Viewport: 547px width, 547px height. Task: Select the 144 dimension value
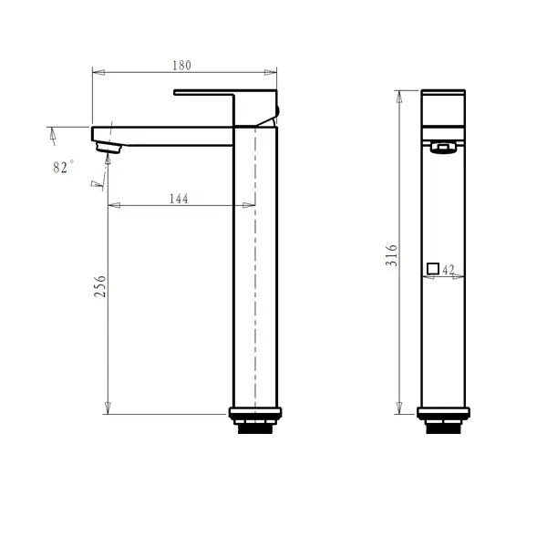point(179,199)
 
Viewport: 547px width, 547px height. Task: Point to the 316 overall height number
point(392,254)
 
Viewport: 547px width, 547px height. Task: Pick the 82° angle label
point(63,167)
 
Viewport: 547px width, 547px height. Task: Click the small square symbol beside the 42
point(433,268)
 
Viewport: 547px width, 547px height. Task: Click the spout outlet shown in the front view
point(443,149)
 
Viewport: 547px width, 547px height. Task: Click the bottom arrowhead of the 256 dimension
point(108,407)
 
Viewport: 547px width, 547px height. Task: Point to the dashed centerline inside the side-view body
point(254,273)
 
